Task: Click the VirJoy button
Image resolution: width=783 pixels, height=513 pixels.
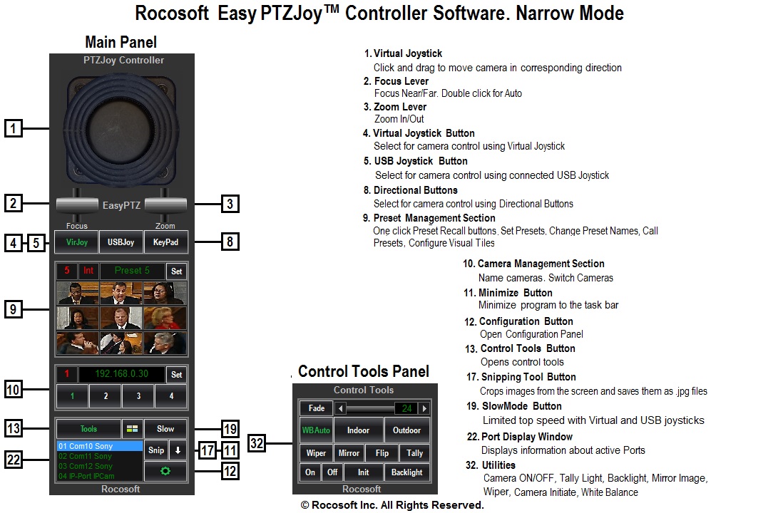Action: pos(77,242)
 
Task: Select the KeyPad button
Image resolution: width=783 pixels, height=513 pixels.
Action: pos(165,242)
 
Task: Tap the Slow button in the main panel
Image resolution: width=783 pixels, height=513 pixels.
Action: pos(165,429)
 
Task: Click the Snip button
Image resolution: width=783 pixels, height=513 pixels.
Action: pos(155,450)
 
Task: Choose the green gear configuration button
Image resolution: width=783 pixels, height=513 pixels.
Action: pos(165,472)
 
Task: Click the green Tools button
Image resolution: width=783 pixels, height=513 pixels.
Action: pos(88,429)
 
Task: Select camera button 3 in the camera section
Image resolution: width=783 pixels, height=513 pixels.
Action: pos(138,396)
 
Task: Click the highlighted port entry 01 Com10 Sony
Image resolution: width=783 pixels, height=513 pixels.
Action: pos(99,446)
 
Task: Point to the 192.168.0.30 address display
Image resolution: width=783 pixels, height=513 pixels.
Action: pos(121,373)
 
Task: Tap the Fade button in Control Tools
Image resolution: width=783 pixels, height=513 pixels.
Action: pos(316,408)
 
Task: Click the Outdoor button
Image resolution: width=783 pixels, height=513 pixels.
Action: pos(407,430)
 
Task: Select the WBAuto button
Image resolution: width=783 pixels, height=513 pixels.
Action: pos(316,430)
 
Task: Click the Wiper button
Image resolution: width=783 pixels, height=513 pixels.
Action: pos(316,453)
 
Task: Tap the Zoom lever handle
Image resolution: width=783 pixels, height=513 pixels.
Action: pos(165,204)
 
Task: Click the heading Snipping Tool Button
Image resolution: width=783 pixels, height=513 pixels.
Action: pos(528,377)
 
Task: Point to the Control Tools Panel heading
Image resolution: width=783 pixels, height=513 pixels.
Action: pos(364,371)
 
